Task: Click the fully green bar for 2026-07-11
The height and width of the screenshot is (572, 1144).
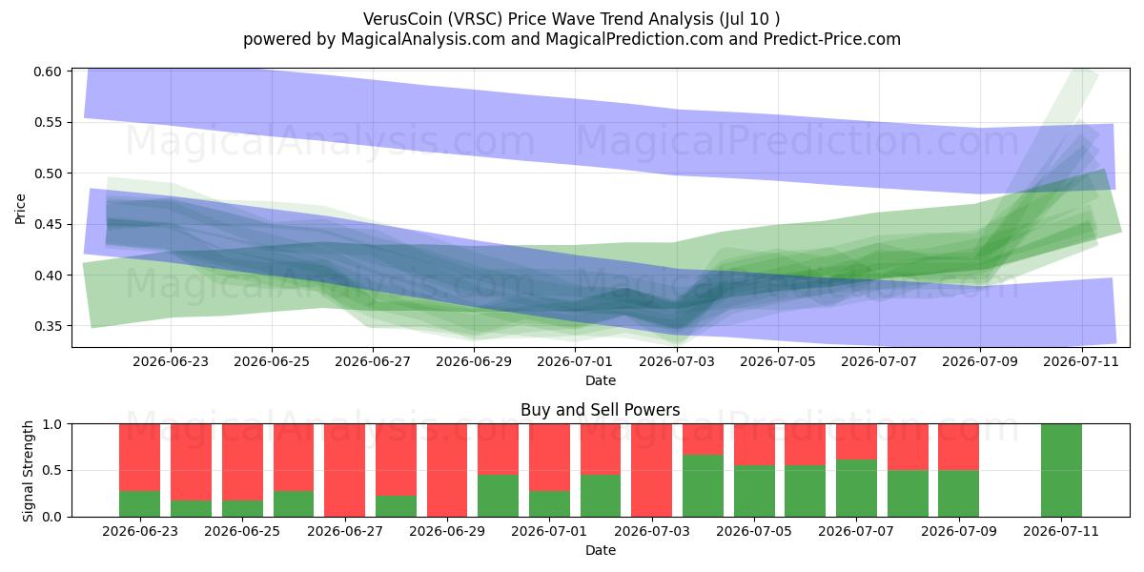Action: coord(1061,470)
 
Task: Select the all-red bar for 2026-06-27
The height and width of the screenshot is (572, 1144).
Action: coord(345,470)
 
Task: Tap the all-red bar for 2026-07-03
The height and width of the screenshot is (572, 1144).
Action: coord(652,470)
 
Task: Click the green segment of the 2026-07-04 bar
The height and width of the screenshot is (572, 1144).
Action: coord(703,485)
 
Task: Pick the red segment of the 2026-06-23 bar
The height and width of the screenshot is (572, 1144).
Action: coord(139,457)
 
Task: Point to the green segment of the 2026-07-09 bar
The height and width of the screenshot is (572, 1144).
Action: coord(959,494)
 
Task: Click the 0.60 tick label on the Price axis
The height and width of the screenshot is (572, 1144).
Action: coord(48,71)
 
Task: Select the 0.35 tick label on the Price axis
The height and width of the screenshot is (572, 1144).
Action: coord(48,326)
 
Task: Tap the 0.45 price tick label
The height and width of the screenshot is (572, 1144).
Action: coord(48,224)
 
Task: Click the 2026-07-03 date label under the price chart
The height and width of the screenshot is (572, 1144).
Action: coord(677,361)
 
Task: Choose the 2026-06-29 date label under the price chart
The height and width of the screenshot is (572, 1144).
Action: coord(474,361)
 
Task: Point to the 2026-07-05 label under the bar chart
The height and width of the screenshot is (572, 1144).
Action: coord(754,531)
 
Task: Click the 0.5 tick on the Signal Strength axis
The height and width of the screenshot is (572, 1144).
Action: coord(51,470)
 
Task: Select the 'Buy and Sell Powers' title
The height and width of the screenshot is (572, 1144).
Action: coord(600,410)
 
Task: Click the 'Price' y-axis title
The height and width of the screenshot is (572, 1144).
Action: coord(20,209)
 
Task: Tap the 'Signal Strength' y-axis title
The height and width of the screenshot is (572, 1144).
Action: coord(28,471)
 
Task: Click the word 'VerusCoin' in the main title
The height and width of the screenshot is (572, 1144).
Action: coord(403,19)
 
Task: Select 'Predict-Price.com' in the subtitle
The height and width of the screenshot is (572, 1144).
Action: coord(832,39)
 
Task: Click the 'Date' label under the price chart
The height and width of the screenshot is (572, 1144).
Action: coord(600,380)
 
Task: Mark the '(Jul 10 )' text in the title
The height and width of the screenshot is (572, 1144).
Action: coord(749,19)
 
